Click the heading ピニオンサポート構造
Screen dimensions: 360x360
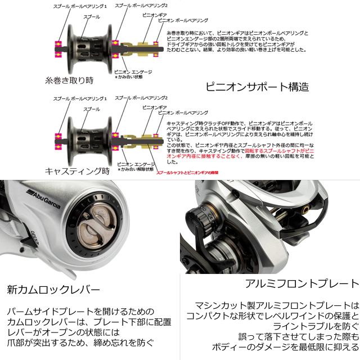[257, 88]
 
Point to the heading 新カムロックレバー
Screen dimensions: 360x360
[53, 290]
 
